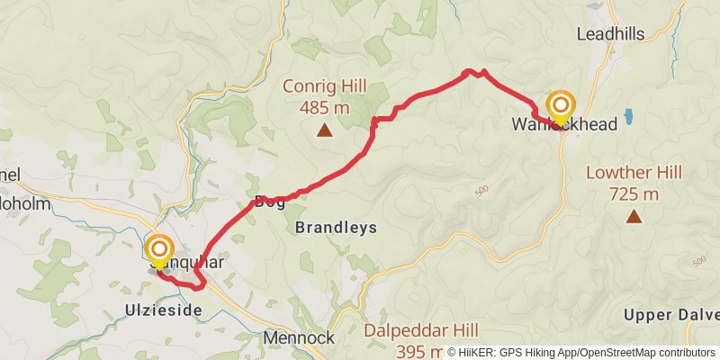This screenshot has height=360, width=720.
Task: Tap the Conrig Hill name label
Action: click(x=324, y=87)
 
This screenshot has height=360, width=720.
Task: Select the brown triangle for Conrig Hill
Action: click(x=324, y=131)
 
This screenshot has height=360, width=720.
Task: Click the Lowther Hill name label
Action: click(x=634, y=173)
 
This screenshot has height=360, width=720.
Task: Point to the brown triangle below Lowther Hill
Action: click(x=634, y=216)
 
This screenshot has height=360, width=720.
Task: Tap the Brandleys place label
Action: click(x=336, y=228)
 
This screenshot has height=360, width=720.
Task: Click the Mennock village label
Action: click(x=299, y=338)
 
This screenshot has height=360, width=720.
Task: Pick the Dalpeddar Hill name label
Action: click(x=421, y=331)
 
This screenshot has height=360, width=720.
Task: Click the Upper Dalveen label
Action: click(x=671, y=315)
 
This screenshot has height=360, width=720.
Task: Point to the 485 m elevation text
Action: click(x=324, y=108)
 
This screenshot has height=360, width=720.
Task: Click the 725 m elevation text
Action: click(x=634, y=193)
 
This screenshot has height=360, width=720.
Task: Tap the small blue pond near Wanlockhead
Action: click(x=627, y=117)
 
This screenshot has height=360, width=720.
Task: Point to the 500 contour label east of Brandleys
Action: click(x=479, y=191)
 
